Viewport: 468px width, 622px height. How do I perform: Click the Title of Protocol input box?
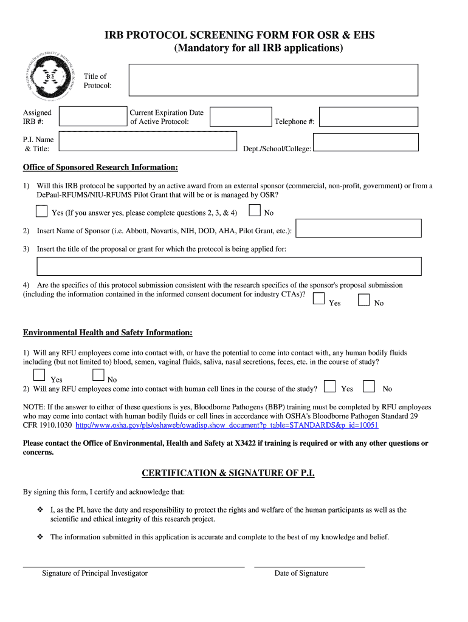(x=273, y=81)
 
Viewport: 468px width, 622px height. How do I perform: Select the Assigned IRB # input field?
(x=93, y=117)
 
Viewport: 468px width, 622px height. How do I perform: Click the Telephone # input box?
(x=369, y=117)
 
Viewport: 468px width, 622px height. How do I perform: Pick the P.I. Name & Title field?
(x=148, y=142)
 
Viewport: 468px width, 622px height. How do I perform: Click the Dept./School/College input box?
(x=367, y=142)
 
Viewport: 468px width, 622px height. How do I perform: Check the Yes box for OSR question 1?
(x=41, y=211)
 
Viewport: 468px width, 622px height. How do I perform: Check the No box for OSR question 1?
(x=255, y=211)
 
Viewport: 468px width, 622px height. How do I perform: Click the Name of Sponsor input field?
(x=359, y=228)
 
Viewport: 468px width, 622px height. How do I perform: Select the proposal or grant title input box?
(x=229, y=266)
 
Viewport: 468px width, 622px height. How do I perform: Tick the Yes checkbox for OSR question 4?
(x=318, y=298)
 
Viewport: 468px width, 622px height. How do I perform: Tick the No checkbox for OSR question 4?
(x=364, y=299)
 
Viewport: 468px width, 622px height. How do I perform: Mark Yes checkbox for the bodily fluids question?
(x=40, y=375)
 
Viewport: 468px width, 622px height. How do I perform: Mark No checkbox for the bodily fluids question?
(x=98, y=375)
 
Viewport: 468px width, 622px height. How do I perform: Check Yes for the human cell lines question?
(x=330, y=386)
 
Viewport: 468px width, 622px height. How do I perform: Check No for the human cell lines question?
(x=369, y=386)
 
